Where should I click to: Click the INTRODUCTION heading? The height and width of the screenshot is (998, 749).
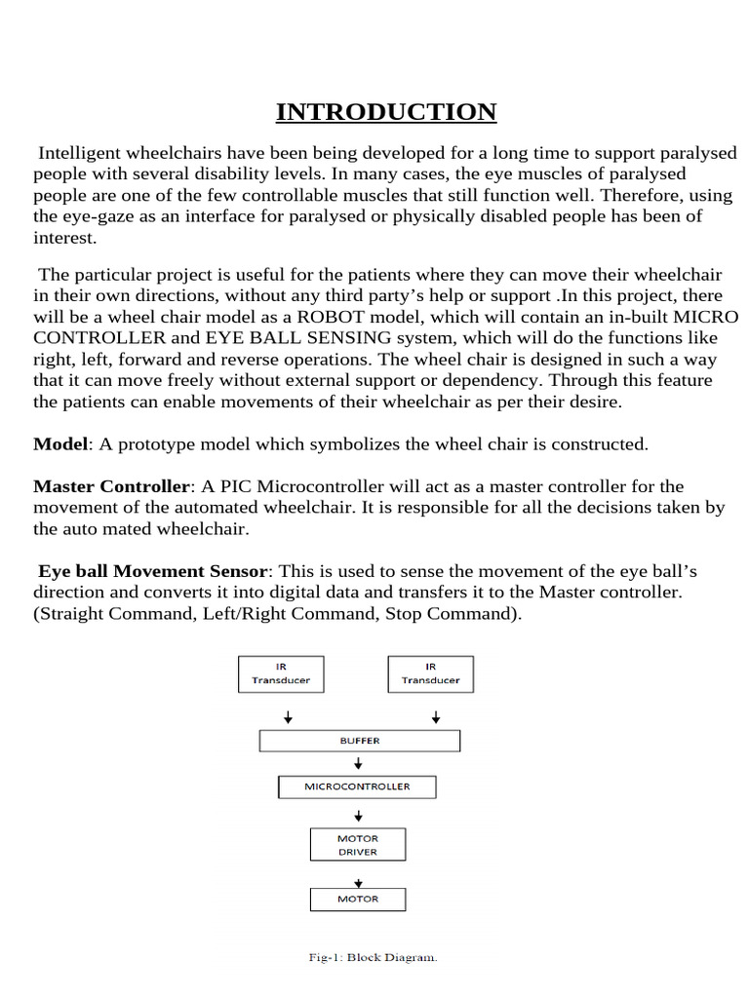[x=386, y=112]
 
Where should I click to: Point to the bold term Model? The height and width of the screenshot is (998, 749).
[x=60, y=444]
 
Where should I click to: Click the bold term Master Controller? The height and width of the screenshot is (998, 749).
[x=111, y=485]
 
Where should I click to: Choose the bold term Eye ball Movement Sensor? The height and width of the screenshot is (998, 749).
[x=152, y=570]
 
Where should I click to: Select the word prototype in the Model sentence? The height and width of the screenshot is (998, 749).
[x=161, y=444]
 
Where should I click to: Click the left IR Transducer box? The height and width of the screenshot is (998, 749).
[x=281, y=673]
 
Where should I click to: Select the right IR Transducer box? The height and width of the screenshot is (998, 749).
[x=430, y=673]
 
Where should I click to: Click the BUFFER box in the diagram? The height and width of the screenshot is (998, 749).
[x=359, y=741]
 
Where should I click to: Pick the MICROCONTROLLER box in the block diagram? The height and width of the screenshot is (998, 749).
[x=357, y=787]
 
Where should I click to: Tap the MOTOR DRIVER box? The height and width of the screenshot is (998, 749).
[x=357, y=845]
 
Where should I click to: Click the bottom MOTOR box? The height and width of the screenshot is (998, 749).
[x=357, y=899]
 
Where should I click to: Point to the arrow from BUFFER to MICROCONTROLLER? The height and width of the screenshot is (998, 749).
[x=358, y=764]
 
